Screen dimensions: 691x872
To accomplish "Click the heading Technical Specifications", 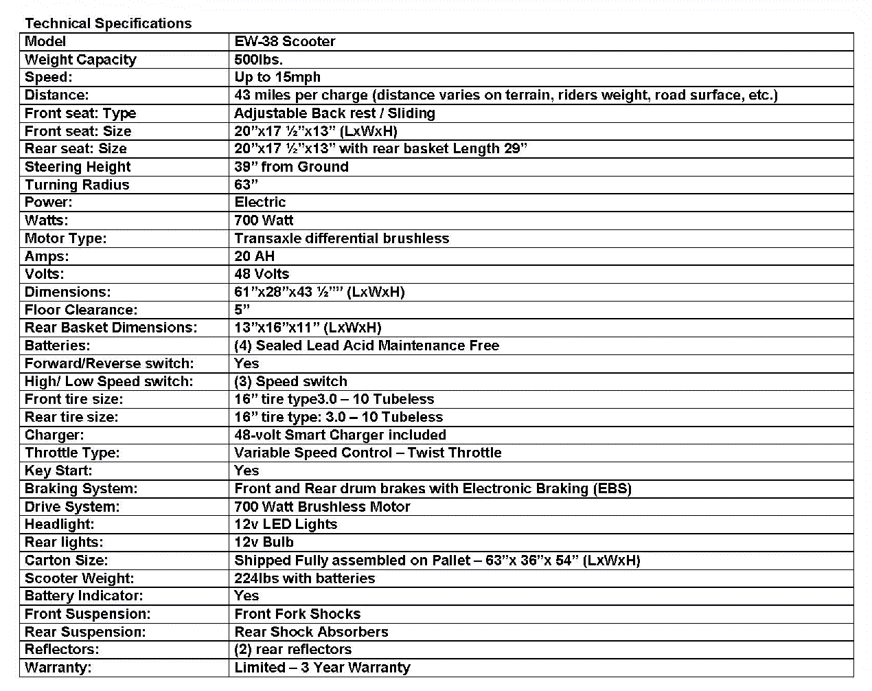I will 108,23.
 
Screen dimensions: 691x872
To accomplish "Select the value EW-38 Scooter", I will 284,41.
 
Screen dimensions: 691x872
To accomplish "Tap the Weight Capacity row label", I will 80,60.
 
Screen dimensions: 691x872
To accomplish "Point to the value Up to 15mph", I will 277,78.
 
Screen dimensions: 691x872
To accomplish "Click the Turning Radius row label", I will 77,185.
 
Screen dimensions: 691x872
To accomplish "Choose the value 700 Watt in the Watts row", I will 264,220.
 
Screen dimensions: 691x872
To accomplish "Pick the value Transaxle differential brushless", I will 341,238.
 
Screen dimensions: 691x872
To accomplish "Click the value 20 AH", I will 254,256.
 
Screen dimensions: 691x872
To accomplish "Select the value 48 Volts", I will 262,274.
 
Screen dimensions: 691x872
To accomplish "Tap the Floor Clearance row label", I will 81,310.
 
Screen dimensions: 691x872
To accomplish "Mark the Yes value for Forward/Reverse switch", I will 246,363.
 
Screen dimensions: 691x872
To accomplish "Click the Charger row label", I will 54,435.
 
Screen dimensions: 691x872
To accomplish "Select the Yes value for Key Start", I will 246,471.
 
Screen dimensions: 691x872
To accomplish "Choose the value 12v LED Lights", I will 286,524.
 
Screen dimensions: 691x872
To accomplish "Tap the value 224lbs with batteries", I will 304,578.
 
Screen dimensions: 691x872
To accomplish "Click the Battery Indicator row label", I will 84,596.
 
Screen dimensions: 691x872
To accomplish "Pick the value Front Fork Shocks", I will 297,614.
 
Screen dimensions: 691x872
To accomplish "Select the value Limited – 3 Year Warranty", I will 322,668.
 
